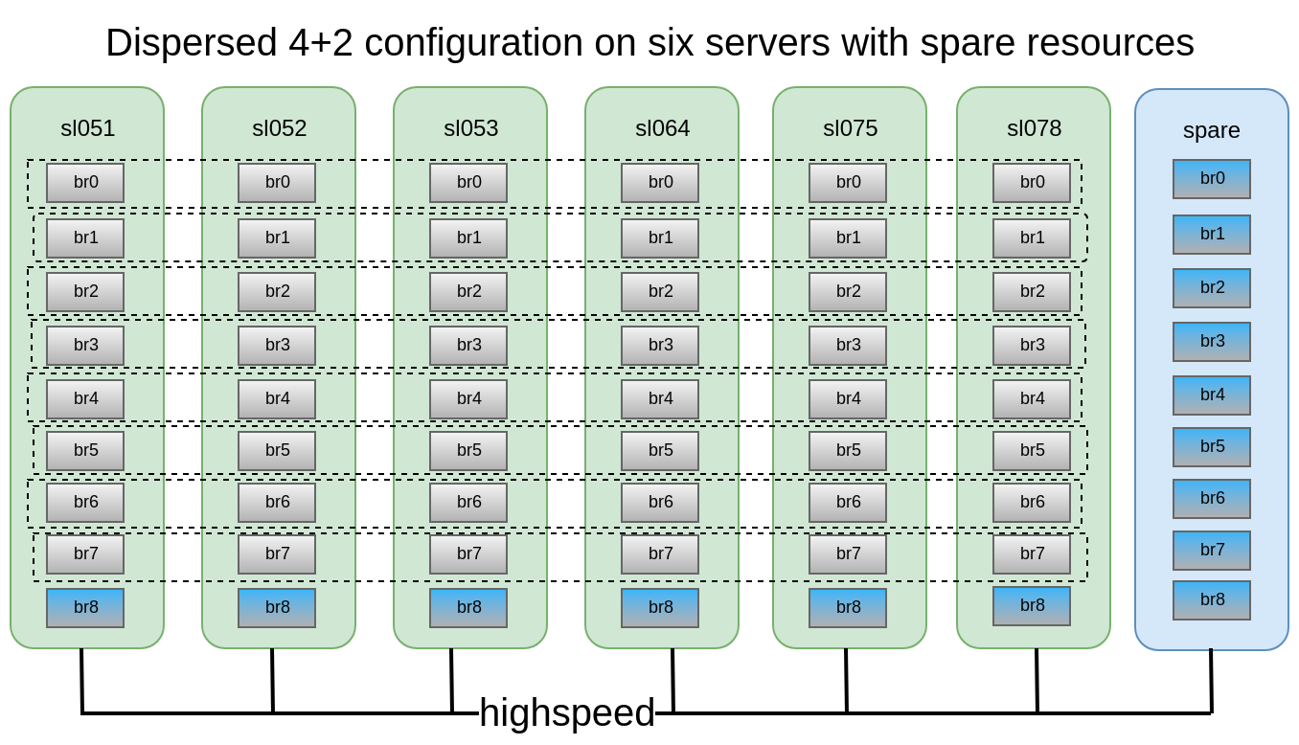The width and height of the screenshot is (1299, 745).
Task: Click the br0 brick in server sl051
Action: point(85,183)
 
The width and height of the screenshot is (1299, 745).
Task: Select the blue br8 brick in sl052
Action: point(277,608)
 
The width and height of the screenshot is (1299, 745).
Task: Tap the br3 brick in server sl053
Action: point(468,346)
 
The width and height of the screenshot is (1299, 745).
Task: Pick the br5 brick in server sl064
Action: point(660,451)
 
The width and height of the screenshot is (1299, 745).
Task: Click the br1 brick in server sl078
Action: point(1032,238)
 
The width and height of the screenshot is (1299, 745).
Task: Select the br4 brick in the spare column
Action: point(1212,395)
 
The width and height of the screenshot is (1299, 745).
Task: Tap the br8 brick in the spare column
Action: point(1212,600)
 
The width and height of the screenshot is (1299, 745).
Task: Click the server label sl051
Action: point(87,128)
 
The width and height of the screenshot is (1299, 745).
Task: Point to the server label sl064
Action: point(662,128)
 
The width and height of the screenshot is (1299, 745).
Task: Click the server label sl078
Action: point(1034,128)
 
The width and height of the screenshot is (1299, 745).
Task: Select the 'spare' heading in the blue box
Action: point(1211,130)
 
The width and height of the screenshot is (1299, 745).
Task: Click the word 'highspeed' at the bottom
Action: point(566,713)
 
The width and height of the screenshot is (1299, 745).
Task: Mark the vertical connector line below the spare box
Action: point(1211,680)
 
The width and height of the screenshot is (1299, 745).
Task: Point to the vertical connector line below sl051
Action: point(81,680)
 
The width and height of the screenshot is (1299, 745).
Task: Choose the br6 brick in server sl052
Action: point(277,503)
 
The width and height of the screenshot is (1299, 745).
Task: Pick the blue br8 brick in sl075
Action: point(848,608)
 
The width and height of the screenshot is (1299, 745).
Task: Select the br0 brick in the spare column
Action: point(1212,179)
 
